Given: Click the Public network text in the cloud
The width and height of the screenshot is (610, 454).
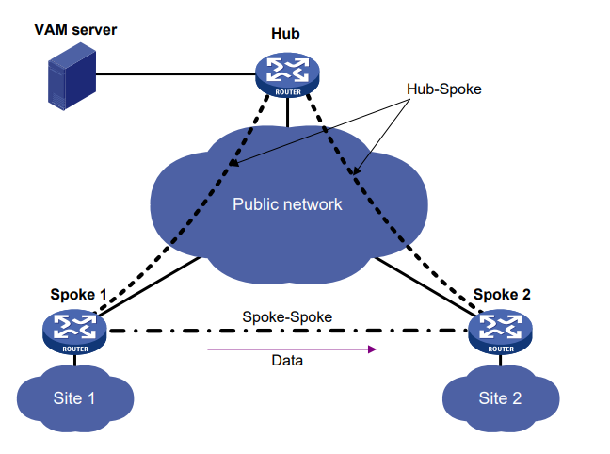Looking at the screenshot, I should click(288, 203).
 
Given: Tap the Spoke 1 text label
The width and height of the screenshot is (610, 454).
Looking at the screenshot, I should click(77, 294).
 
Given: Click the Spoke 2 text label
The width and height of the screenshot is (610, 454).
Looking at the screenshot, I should click(502, 294).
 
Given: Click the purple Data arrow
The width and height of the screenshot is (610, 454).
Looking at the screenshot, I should click(292, 349).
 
